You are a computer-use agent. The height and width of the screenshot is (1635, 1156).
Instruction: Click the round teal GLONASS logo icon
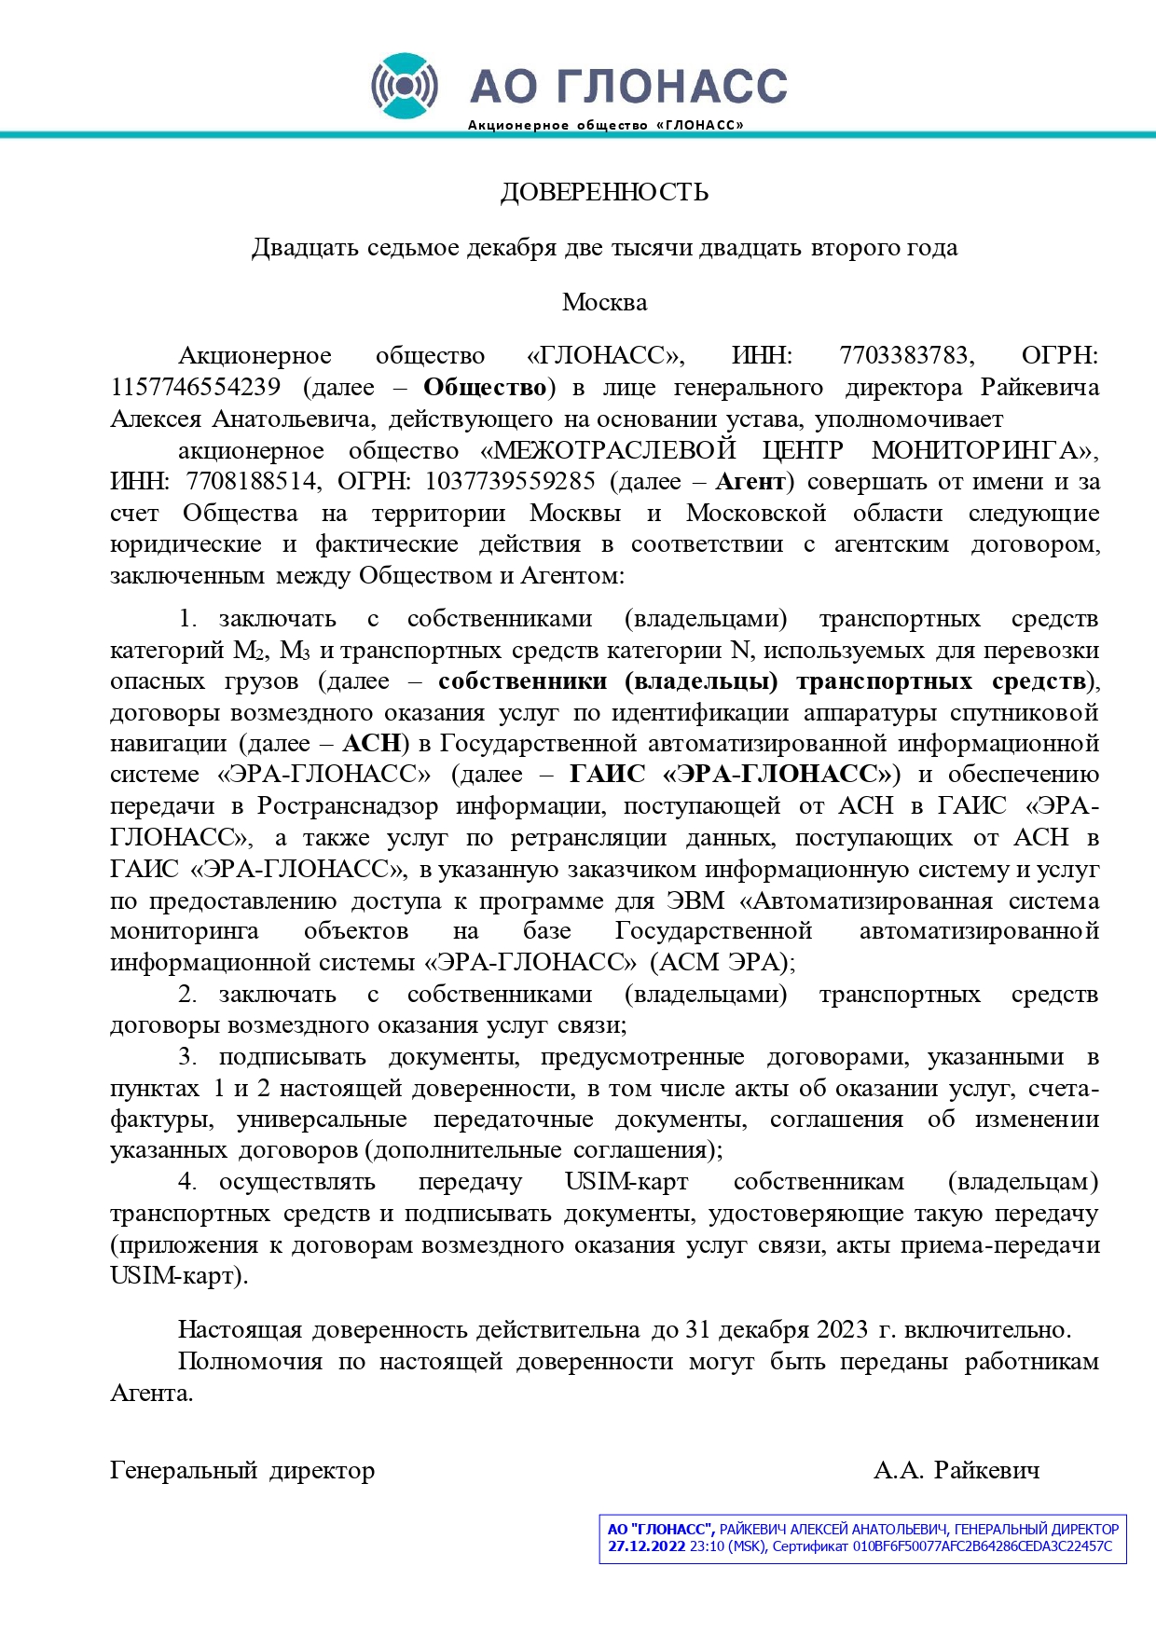[x=404, y=86]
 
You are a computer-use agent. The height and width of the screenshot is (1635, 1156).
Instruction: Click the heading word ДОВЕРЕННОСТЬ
[x=604, y=192]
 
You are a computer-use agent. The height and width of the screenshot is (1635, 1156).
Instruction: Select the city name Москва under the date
[x=604, y=302]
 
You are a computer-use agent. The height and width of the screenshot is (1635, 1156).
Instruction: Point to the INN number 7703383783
[x=906, y=355]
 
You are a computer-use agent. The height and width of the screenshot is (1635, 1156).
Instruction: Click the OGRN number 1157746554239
[x=195, y=387]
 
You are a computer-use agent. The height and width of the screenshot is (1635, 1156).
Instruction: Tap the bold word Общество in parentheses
[x=485, y=387]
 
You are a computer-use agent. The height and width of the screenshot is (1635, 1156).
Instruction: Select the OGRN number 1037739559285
[x=510, y=481]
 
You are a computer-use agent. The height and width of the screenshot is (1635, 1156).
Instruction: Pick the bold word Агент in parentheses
[x=750, y=481]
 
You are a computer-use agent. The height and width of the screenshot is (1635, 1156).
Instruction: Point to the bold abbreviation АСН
[x=372, y=743]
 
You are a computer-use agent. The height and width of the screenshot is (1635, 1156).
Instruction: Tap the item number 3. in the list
[x=187, y=1057]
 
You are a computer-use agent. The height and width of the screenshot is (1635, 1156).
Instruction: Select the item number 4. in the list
[x=187, y=1182]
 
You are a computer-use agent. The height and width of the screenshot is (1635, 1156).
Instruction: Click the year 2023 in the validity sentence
[x=843, y=1329]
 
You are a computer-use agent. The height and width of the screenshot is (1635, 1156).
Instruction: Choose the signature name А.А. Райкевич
[x=956, y=1470]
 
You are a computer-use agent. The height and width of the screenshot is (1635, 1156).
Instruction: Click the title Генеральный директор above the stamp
[x=242, y=1470]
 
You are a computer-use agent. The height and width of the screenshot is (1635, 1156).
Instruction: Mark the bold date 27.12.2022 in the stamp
[x=646, y=1546]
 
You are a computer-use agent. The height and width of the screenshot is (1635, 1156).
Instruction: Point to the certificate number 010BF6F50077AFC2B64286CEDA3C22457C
[x=982, y=1546]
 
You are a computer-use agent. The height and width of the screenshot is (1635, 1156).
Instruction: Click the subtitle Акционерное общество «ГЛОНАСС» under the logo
[x=605, y=125]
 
